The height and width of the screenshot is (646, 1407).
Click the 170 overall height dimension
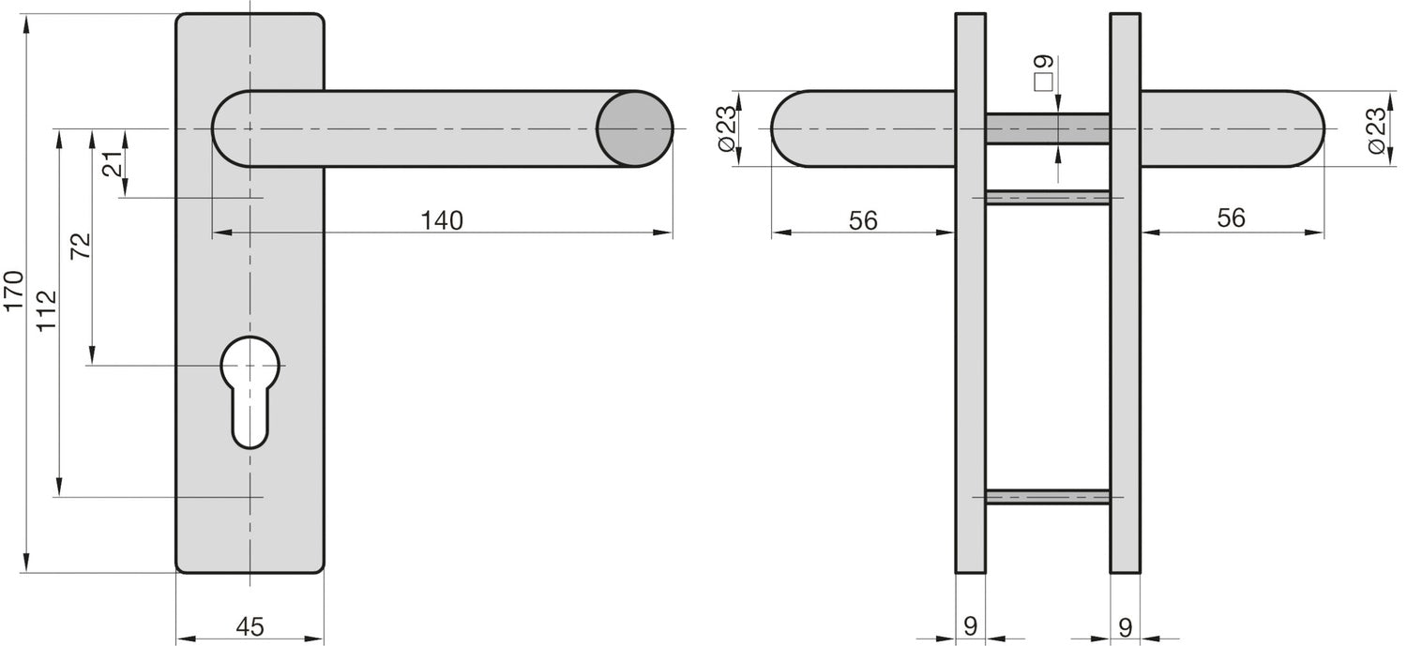14,290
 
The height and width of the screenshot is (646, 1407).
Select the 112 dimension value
47,310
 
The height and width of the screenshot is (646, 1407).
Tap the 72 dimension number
81,246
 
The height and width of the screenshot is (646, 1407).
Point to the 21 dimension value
113,163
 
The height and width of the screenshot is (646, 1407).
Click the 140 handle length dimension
442,220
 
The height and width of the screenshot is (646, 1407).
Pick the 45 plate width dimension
250,626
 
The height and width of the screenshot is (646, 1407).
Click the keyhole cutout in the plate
250,392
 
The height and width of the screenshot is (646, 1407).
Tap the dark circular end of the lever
634,128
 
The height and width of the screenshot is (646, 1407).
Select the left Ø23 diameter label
725,128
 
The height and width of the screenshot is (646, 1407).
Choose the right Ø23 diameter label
1376,130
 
